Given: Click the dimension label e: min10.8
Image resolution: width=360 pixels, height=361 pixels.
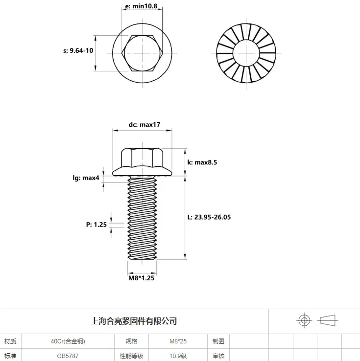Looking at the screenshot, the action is tap(141, 6).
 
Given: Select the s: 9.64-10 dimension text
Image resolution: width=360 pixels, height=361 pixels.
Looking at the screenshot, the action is tap(78, 50).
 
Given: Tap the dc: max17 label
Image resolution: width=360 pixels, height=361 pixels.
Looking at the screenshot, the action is tap(144, 125).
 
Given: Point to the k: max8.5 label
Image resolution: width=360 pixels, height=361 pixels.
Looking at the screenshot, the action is tap(202, 162).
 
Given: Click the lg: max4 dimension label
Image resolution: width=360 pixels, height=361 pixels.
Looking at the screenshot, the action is tap(86, 178).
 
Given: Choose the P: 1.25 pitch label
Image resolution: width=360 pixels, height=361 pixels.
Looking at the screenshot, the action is tap(96, 225).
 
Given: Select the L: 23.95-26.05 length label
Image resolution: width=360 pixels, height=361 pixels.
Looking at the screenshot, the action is tap(209, 217).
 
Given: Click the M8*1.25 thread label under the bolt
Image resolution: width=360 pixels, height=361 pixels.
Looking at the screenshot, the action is tap(141, 278).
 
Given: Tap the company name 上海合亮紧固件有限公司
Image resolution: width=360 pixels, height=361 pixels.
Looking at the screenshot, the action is tap(134, 321).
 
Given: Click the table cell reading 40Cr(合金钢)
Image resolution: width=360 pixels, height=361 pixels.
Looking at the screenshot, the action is tap(68, 341).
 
